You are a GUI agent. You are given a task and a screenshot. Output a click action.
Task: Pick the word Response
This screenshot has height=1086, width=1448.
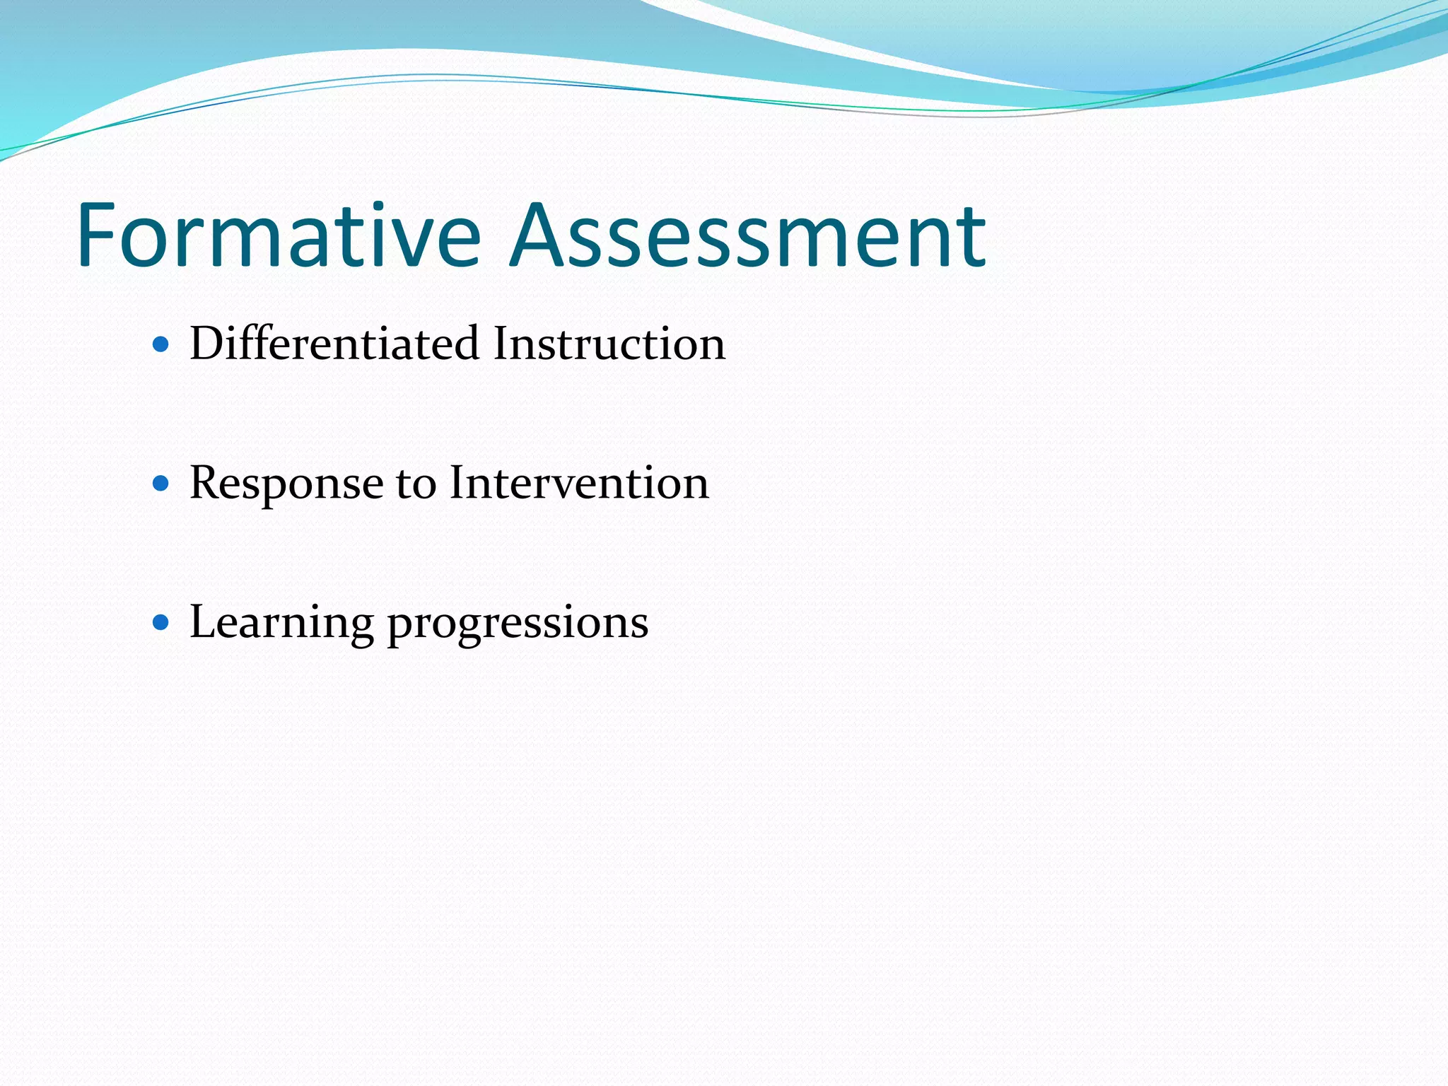(x=286, y=484)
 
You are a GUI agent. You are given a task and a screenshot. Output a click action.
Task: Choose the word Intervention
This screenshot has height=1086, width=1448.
(x=579, y=484)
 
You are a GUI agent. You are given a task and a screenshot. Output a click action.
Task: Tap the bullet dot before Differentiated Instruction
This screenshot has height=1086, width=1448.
(x=161, y=345)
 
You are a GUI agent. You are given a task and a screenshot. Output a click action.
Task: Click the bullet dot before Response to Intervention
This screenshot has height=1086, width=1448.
(x=161, y=484)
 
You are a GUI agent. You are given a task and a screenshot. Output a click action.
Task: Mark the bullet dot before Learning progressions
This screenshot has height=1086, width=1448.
(x=161, y=623)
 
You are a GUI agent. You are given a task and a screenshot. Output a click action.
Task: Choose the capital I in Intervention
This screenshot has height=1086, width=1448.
(x=458, y=484)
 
